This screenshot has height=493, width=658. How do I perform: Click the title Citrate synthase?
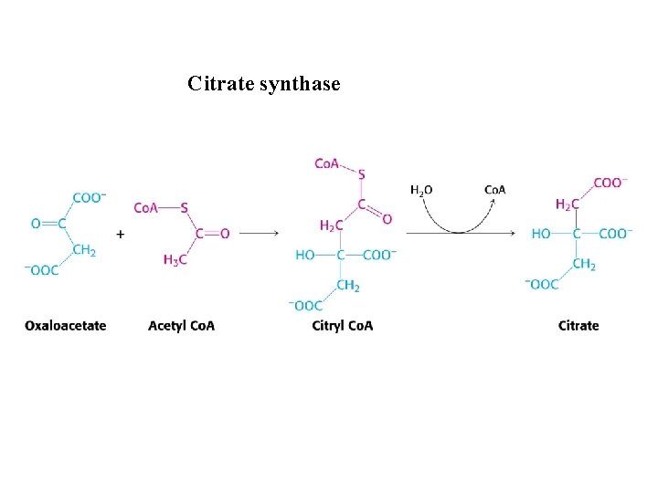point(264,85)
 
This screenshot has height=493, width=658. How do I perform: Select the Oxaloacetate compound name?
point(66,325)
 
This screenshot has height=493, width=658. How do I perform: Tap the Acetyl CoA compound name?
point(181,325)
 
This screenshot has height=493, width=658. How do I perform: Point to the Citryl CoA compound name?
point(342,325)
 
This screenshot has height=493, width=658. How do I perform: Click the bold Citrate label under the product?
point(578,325)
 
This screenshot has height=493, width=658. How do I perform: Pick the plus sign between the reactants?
point(121,234)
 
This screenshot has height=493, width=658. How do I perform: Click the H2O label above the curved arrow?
point(421,190)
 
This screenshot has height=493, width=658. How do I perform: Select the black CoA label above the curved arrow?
point(494,190)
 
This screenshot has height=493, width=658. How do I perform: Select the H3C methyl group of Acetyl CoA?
point(176,260)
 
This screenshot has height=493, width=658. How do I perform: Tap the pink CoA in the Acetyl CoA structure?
point(146,207)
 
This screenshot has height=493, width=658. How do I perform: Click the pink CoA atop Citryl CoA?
point(327,163)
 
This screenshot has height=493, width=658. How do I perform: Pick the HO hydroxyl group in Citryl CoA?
point(305,256)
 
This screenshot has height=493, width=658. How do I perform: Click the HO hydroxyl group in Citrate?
point(542,234)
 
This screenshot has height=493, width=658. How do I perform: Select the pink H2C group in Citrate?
point(567,205)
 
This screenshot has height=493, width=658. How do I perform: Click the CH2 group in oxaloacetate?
point(84,250)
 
